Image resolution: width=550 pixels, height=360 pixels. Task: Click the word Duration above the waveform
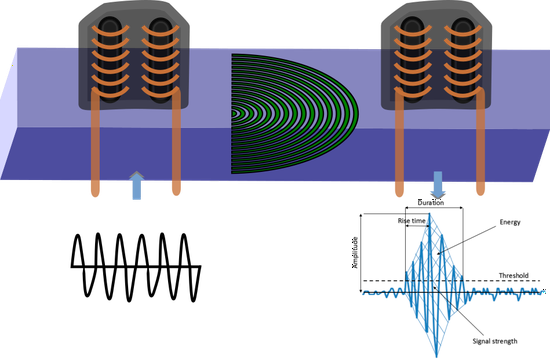(x=432, y=202)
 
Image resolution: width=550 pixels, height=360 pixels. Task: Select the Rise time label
(x=413, y=220)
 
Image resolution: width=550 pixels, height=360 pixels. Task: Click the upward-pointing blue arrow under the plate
(x=137, y=185)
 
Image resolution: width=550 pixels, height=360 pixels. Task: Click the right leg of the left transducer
(x=177, y=150)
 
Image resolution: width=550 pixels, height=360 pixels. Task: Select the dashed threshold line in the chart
(x=480, y=281)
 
